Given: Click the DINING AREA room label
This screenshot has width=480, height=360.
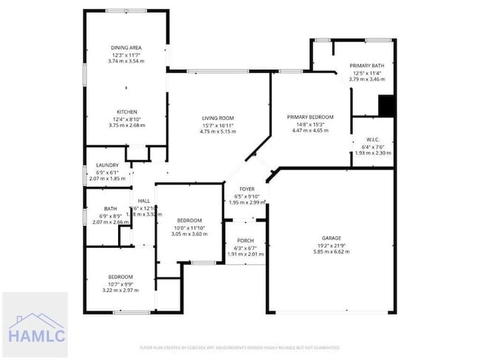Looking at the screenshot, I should tap(126, 48).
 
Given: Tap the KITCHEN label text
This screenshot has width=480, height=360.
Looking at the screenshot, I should tap(126, 112).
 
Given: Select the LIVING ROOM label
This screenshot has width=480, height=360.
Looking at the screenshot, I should tap(218, 118).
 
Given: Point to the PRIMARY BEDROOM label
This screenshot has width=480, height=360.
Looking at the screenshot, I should tap(310, 117).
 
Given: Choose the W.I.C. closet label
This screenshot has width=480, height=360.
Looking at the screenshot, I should tap(373, 139).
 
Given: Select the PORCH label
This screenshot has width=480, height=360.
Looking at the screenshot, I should tap(245, 241).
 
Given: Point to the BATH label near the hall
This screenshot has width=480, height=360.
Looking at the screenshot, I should tap(110, 209).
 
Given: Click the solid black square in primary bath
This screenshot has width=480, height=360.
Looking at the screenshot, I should tap(386, 107).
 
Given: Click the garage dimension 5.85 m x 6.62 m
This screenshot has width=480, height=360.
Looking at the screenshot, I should tap(331, 252).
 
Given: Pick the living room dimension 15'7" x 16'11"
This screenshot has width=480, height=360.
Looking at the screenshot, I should tap(218, 125).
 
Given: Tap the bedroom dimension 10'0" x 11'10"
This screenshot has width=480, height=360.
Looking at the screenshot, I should tap(190, 227).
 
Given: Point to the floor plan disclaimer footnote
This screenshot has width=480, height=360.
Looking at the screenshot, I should tap(239, 347).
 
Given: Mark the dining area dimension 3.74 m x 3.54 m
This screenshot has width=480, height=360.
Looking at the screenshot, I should tap(126, 61).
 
